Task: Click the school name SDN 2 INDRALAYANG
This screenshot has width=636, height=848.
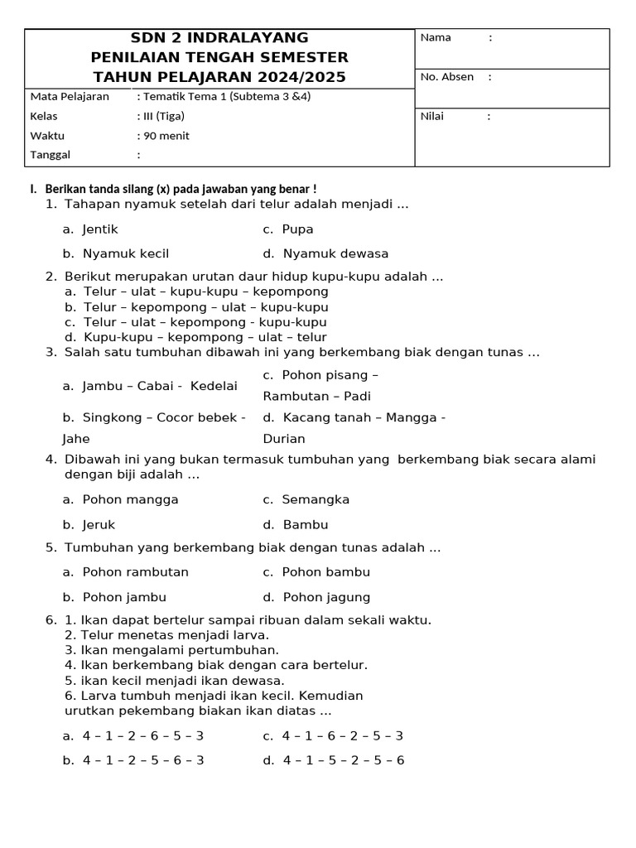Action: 219,38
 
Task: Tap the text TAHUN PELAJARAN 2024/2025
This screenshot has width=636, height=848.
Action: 219,77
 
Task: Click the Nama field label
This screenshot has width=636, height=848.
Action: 436,37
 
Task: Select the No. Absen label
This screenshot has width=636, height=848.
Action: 447,77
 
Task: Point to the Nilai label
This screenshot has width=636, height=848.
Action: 432,116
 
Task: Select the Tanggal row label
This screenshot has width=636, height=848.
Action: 51,155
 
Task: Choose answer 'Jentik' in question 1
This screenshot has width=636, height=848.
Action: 100,229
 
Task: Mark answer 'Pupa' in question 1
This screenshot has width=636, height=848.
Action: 297,229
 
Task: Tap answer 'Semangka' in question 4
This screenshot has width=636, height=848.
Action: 316,499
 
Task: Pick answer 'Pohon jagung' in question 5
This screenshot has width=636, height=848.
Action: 326,597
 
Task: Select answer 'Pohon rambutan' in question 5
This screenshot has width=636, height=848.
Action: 135,572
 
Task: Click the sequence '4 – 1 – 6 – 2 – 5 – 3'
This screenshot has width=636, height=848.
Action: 342,735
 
